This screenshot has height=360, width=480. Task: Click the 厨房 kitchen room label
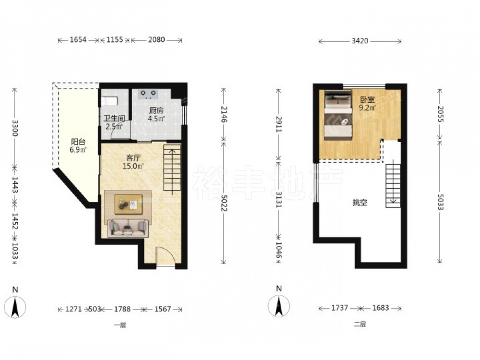click(x=156, y=110)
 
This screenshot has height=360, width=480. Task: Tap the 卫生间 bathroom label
click(x=114, y=119)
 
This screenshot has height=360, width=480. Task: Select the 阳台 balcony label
click(x=78, y=142)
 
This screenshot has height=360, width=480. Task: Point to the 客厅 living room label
click(x=133, y=158)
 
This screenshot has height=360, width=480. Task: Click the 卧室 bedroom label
click(x=367, y=100)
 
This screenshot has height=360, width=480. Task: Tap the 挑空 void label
click(x=360, y=203)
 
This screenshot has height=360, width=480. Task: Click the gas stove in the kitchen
click(x=148, y=94)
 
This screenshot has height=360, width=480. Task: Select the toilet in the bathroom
click(x=109, y=101)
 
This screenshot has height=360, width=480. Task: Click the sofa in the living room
click(x=128, y=228)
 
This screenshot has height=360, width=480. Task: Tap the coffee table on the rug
click(x=129, y=204)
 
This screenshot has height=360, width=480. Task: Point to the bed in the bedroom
click(x=338, y=115)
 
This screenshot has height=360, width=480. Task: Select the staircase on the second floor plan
click(x=393, y=186)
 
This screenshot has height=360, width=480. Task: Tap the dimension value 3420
click(x=360, y=41)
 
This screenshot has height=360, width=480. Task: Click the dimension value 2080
click(x=156, y=40)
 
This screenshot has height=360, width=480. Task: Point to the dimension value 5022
click(x=224, y=203)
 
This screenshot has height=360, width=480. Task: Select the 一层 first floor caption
click(x=120, y=325)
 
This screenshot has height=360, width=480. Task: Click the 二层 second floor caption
click(x=360, y=324)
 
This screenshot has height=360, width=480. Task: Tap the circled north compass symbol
click(x=278, y=306)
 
